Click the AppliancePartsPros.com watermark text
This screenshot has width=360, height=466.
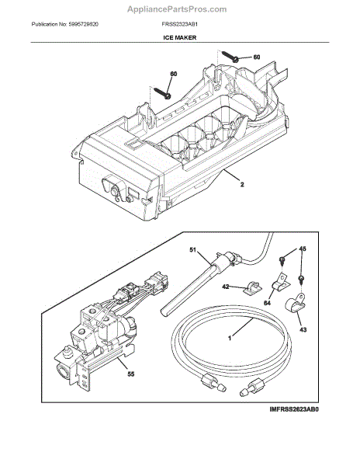click(180, 9)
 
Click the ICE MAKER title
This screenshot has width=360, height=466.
click(179, 37)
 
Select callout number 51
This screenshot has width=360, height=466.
click(195, 251)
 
